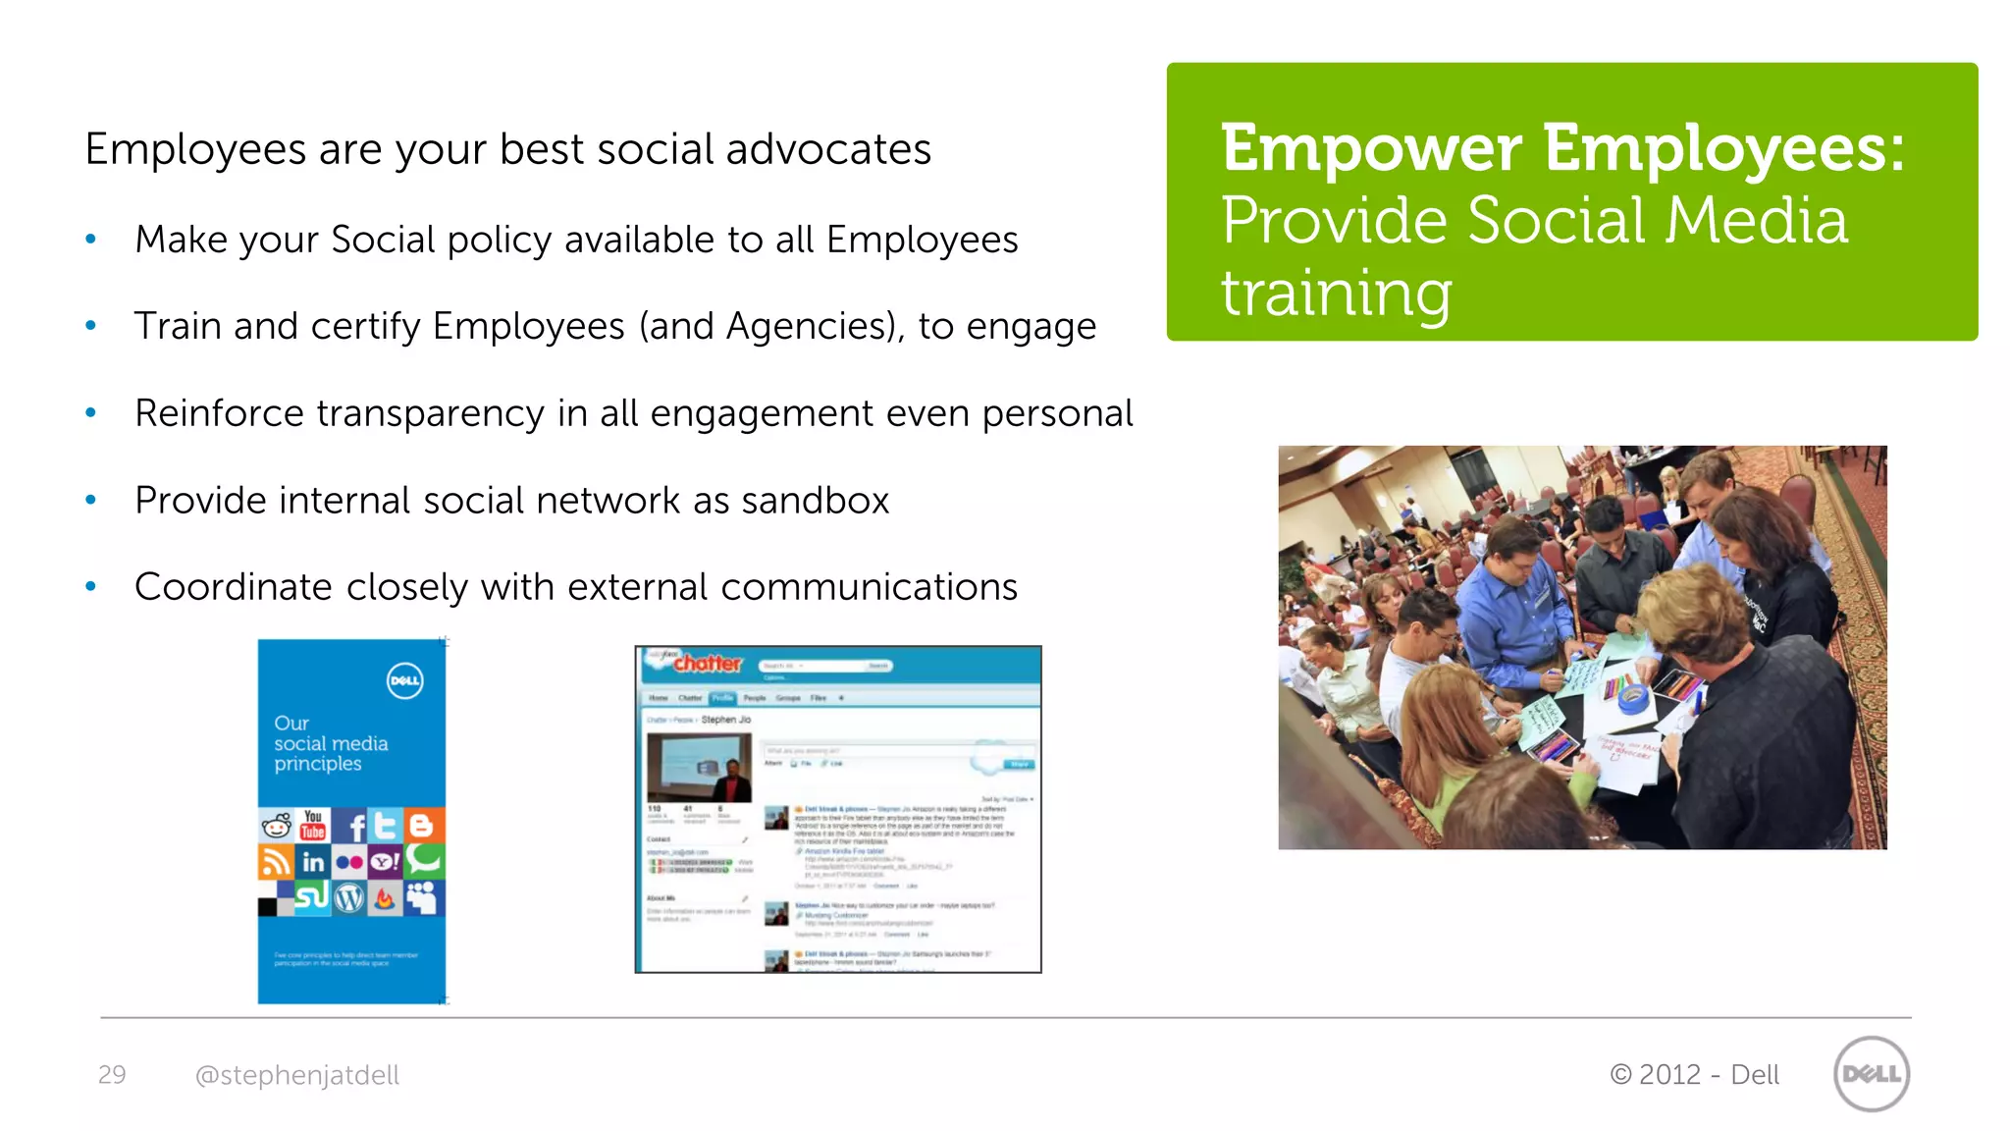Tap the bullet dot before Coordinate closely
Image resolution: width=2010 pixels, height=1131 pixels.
pos(91,587)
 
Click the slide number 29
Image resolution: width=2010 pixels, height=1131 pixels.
pos(112,1075)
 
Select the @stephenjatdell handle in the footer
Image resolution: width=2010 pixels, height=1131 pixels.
pos(297,1075)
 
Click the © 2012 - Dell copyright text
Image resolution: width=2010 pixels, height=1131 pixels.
pos(1694,1075)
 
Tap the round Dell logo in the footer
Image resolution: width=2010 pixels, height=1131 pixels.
pos(1871,1074)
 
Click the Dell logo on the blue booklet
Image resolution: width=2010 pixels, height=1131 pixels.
pos(404,680)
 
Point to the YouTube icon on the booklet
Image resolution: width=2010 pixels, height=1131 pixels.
pos(313,825)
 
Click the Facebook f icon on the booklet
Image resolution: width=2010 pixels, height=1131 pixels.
pos(354,827)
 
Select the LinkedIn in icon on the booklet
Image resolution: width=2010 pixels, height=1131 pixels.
pos(313,863)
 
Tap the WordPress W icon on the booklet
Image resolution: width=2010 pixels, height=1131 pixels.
pos(349,897)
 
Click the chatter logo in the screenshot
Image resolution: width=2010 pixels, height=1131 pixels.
pos(707,664)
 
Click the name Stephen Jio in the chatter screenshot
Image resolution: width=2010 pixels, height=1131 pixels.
pos(725,720)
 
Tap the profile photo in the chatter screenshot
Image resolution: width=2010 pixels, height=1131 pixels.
pos(699,767)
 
